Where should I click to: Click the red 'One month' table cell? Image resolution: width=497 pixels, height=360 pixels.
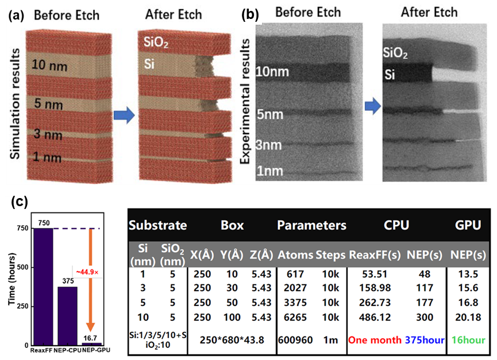coord(373,340)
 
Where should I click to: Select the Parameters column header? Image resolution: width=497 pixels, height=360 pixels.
coord(312,225)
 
